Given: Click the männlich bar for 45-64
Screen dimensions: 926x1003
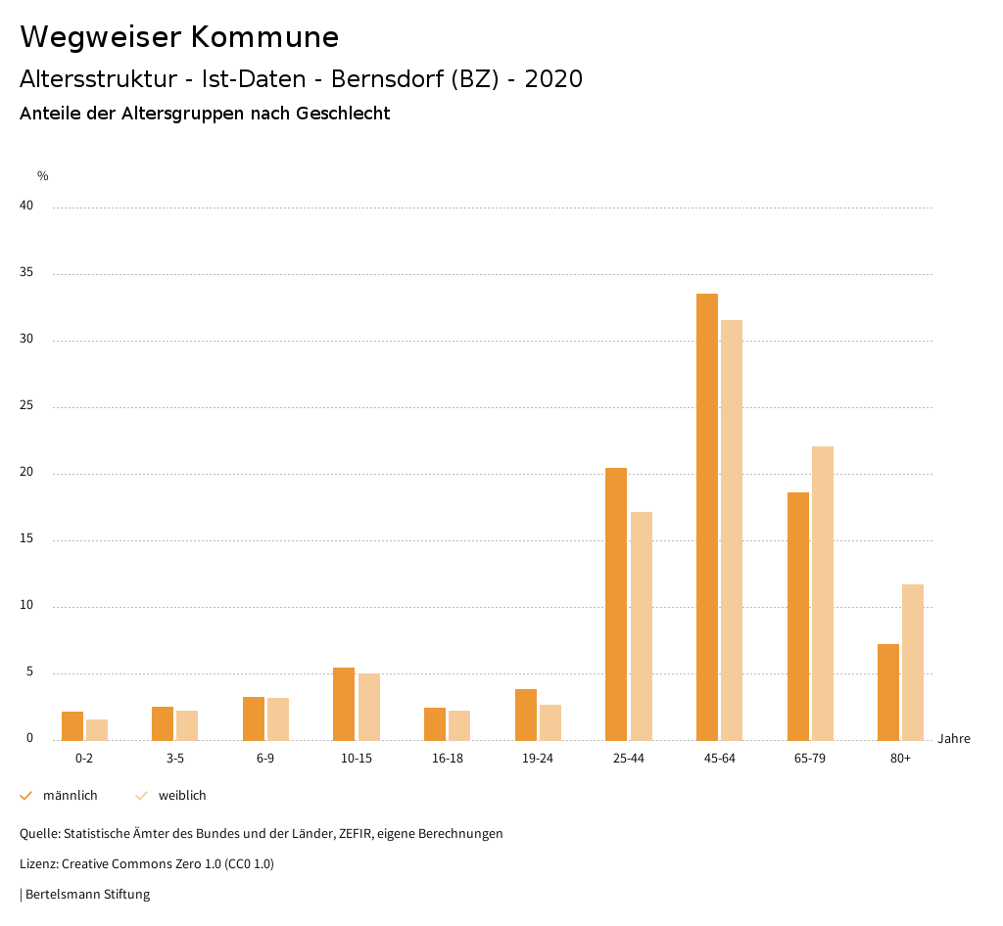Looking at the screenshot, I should tap(707, 517).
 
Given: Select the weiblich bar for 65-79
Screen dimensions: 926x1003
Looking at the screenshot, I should tap(823, 593).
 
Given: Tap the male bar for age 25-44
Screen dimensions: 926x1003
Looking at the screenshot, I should tap(616, 604).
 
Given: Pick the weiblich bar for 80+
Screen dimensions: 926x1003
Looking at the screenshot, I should tap(913, 662).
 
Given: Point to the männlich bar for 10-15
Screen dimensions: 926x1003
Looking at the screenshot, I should tap(344, 704).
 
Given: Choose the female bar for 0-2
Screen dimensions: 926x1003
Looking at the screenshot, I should tap(97, 730).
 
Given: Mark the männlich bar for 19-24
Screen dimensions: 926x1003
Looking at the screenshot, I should tap(526, 715).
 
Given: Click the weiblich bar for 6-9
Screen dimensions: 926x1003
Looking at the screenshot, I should tap(278, 719).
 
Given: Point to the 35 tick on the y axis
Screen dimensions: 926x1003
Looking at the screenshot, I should tap(26, 273).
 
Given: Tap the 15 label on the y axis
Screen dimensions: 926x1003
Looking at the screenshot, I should tap(26, 539).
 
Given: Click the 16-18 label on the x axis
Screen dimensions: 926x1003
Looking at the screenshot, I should tap(448, 759).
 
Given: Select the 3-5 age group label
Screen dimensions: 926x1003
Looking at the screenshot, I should tap(175, 759).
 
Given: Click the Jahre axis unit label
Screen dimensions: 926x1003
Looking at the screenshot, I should tap(953, 739).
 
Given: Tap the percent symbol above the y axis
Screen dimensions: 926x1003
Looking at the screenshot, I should tap(43, 176).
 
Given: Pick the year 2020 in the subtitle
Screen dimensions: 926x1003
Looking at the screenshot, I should tap(553, 79).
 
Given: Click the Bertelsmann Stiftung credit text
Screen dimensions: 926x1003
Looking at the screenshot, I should tap(87, 895).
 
